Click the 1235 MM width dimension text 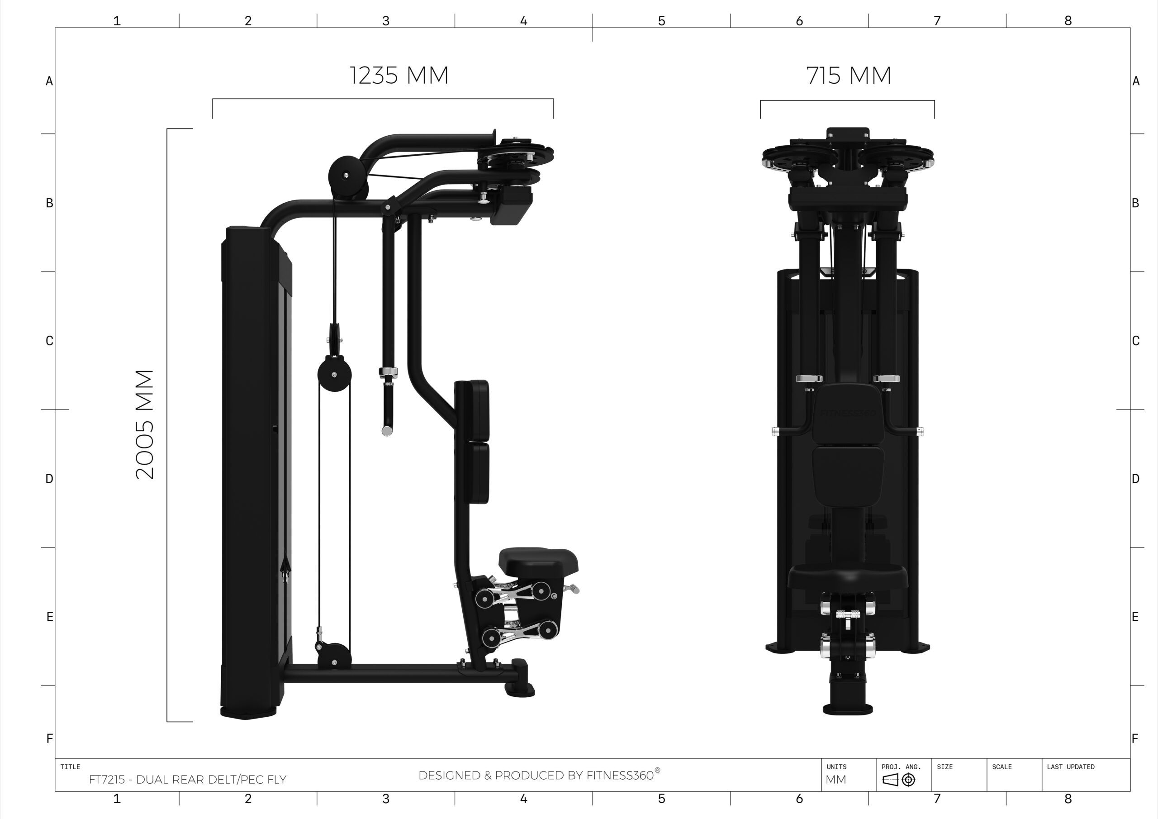click(399, 75)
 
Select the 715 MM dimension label click(849, 76)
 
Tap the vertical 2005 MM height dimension click(145, 424)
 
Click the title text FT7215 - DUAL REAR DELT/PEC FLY click(188, 780)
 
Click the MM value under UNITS click(836, 780)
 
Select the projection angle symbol click(899, 780)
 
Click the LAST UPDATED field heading click(1071, 767)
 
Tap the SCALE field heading click(1001, 767)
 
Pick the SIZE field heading click(944, 767)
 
